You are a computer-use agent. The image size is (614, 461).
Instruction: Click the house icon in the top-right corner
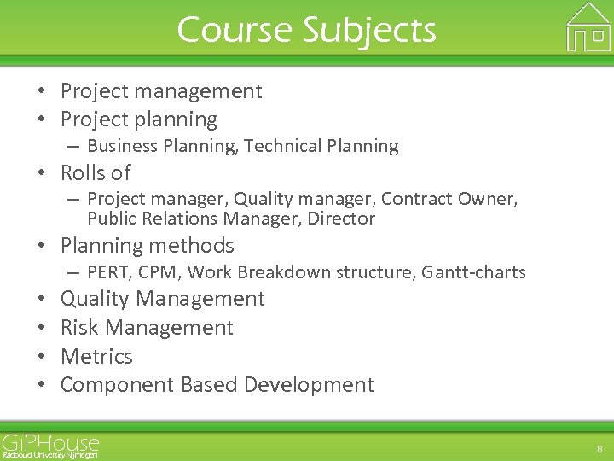(588, 28)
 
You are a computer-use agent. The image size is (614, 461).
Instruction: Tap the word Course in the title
(232, 31)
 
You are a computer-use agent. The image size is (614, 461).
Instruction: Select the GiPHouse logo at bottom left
(50, 446)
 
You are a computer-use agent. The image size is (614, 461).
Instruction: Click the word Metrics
(96, 356)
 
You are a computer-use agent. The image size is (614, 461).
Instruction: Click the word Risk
(79, 328)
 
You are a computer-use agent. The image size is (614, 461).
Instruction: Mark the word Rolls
(83, 173)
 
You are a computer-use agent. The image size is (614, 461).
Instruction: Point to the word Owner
(489, 199)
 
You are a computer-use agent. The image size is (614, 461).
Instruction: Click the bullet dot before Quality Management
(40, 299)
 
